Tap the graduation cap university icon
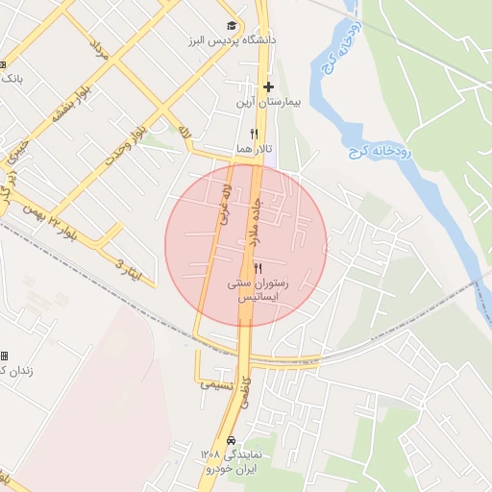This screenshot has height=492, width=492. point(231,25)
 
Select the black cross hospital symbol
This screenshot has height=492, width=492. point(269,86)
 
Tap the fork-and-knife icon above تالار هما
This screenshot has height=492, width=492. point(255,135)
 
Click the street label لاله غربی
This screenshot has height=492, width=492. point(227,206)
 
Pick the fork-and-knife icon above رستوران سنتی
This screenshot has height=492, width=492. point(258,269)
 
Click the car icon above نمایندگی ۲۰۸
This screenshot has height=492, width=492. point(230,440)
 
